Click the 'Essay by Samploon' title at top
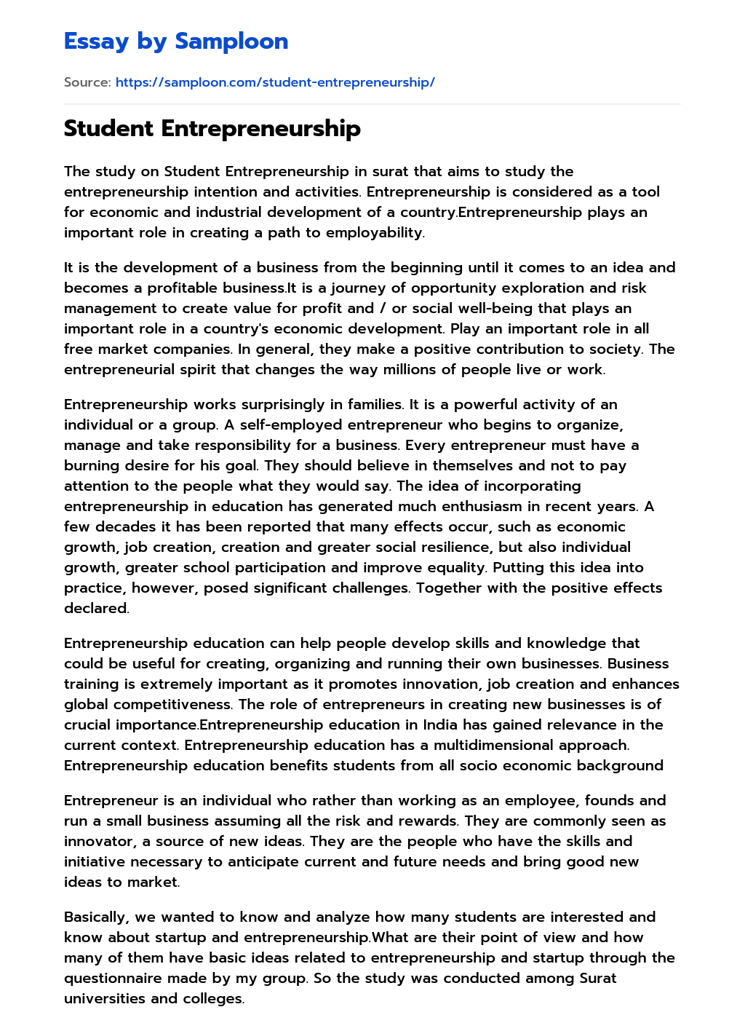tap(176, 42)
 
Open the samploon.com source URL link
tap(275, 82)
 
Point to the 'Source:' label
tap(87, 82)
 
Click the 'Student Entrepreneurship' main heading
tap(212, 128)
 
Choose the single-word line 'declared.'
tap(96, 609)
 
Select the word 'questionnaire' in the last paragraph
tap(112, 979)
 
